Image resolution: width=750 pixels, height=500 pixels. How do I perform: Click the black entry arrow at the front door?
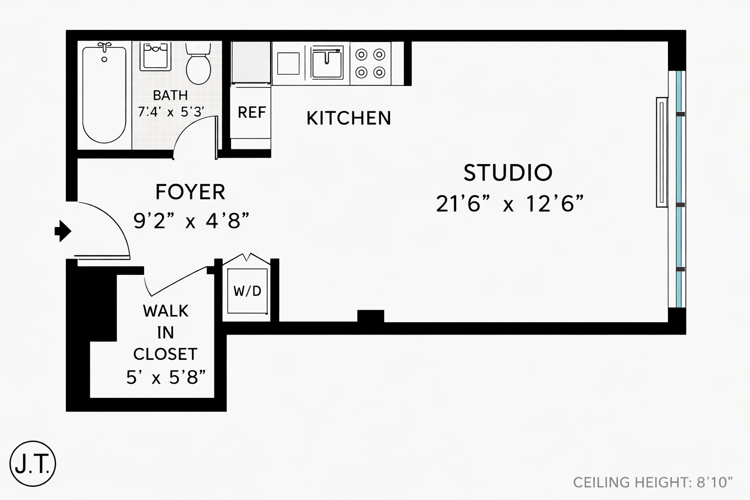(x=63, y=231)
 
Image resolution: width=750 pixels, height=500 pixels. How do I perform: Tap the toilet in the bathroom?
(x=198, y=63)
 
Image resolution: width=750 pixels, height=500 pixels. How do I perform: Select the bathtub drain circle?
(x=104, y=59)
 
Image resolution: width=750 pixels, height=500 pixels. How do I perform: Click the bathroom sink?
(x=155, y=56)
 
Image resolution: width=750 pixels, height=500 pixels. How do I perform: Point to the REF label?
(x=252, y=112)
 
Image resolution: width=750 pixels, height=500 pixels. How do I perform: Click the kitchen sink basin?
(x=327, y=63)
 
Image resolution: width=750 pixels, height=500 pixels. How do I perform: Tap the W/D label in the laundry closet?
(x=248, y=292)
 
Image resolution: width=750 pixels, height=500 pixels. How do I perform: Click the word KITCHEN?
(x=349, y=118)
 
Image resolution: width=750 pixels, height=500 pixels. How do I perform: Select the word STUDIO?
(x=508, y=173)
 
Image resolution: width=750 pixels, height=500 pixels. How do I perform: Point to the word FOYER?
(x=190, y=192)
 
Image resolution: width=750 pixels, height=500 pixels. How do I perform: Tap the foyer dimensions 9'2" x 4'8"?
(x=191, y=221)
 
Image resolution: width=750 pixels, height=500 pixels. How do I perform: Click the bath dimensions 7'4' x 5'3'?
(x=171, y=111)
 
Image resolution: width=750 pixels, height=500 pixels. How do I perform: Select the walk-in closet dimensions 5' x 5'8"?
(x=166, y=377)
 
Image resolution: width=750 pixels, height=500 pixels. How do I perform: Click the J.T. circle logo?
(x=33, y=464)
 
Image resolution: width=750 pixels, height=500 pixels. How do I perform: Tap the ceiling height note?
(x=653, y=482)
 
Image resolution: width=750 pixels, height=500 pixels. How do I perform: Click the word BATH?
(x=170, y=95)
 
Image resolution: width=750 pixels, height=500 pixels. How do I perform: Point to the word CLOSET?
(x=166, y=354)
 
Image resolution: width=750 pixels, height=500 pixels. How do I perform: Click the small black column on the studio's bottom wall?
(x=371, y=316)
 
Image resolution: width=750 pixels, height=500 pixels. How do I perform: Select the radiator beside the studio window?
(x=662, y=152)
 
